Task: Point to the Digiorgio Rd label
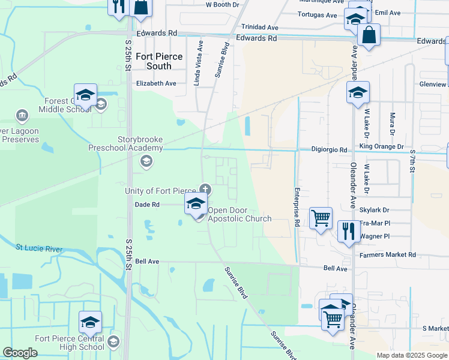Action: [x=330, y=149]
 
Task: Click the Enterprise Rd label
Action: [x=297, y=206]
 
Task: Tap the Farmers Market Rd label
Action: [x=387, y=255]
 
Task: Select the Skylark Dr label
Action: [x=374, y=210]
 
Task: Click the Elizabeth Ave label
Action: [x=156, y=83]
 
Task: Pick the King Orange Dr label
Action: [x=382, y=146]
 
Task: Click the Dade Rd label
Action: [x=147, y=205]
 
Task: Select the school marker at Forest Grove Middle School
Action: [x=85, y=95]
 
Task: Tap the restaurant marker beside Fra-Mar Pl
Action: [x=348, y=229]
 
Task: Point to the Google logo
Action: [x=20, y=353]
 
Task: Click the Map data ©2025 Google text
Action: [x=411, y=355]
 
